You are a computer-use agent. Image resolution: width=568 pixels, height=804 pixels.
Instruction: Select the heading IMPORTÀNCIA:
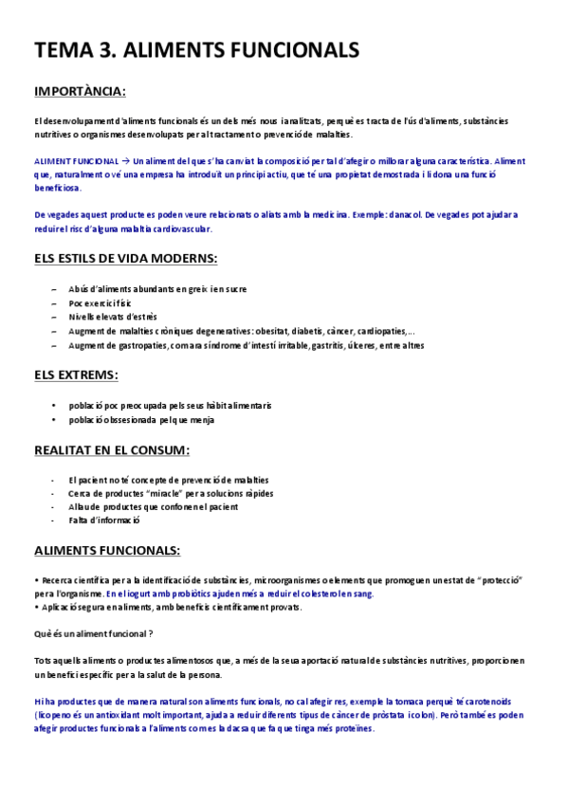tap(80, 92)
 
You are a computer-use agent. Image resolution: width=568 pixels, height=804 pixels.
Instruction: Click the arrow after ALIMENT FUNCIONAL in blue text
tap(126, 162)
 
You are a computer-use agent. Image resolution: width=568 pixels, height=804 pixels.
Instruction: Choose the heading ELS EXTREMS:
tap(76, 375)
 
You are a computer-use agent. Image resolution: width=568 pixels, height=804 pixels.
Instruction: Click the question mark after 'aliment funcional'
tap(151, 632)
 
